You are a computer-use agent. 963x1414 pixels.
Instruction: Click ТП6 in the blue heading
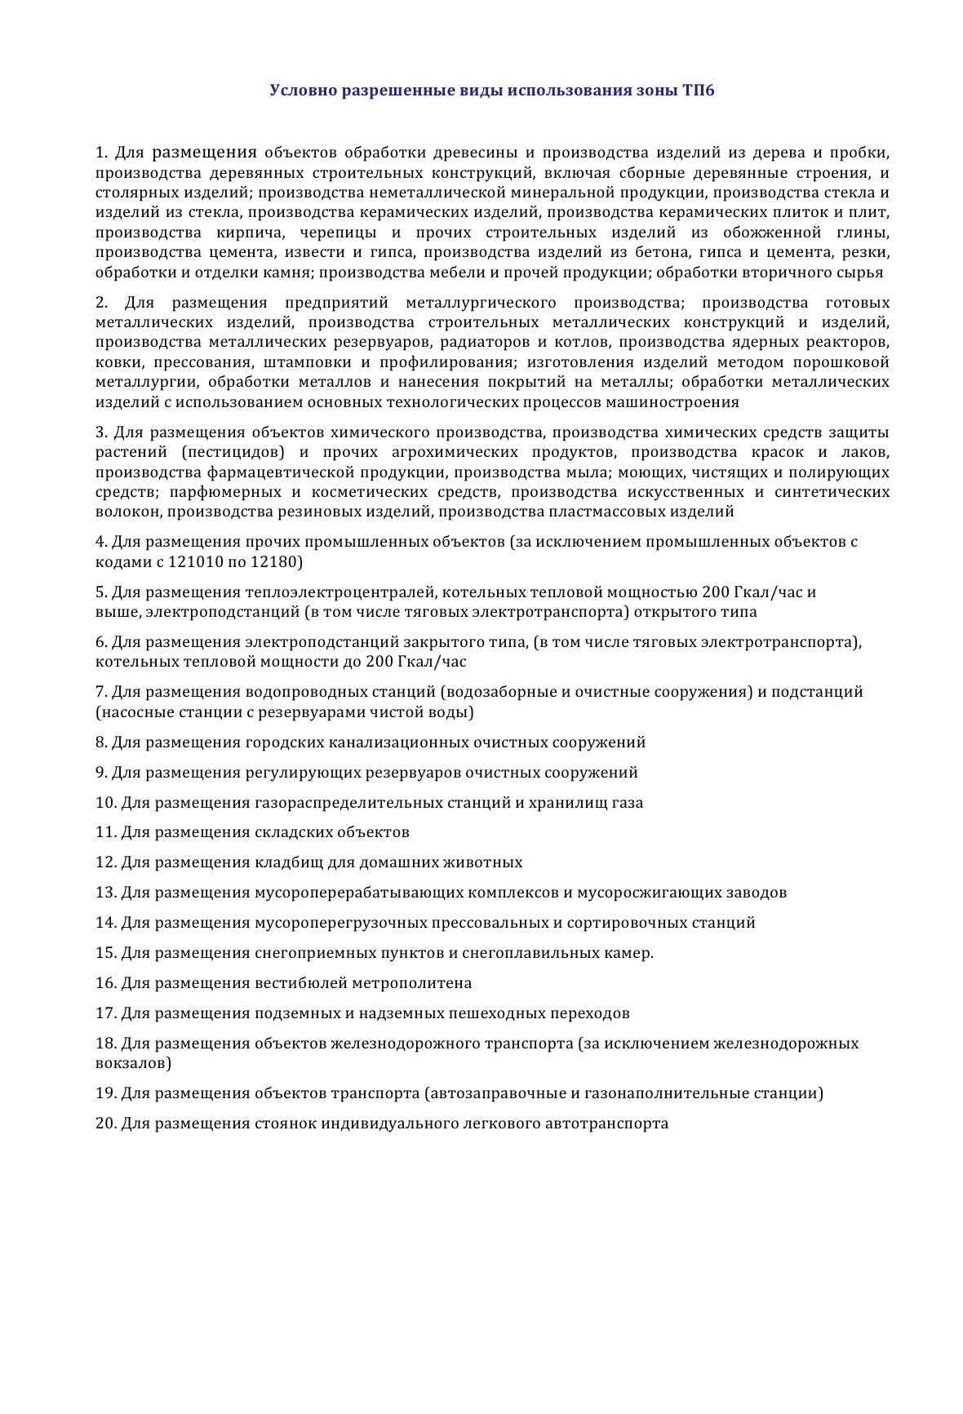[699, 91]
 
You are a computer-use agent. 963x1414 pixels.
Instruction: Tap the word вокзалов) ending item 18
[133, 1064]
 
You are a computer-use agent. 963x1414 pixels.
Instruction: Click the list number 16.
[106, 983]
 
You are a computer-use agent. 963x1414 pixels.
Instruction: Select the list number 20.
[106, 1124]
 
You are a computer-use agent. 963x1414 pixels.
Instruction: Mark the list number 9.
[101, 773]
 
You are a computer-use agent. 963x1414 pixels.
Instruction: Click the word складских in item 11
[292, 832]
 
